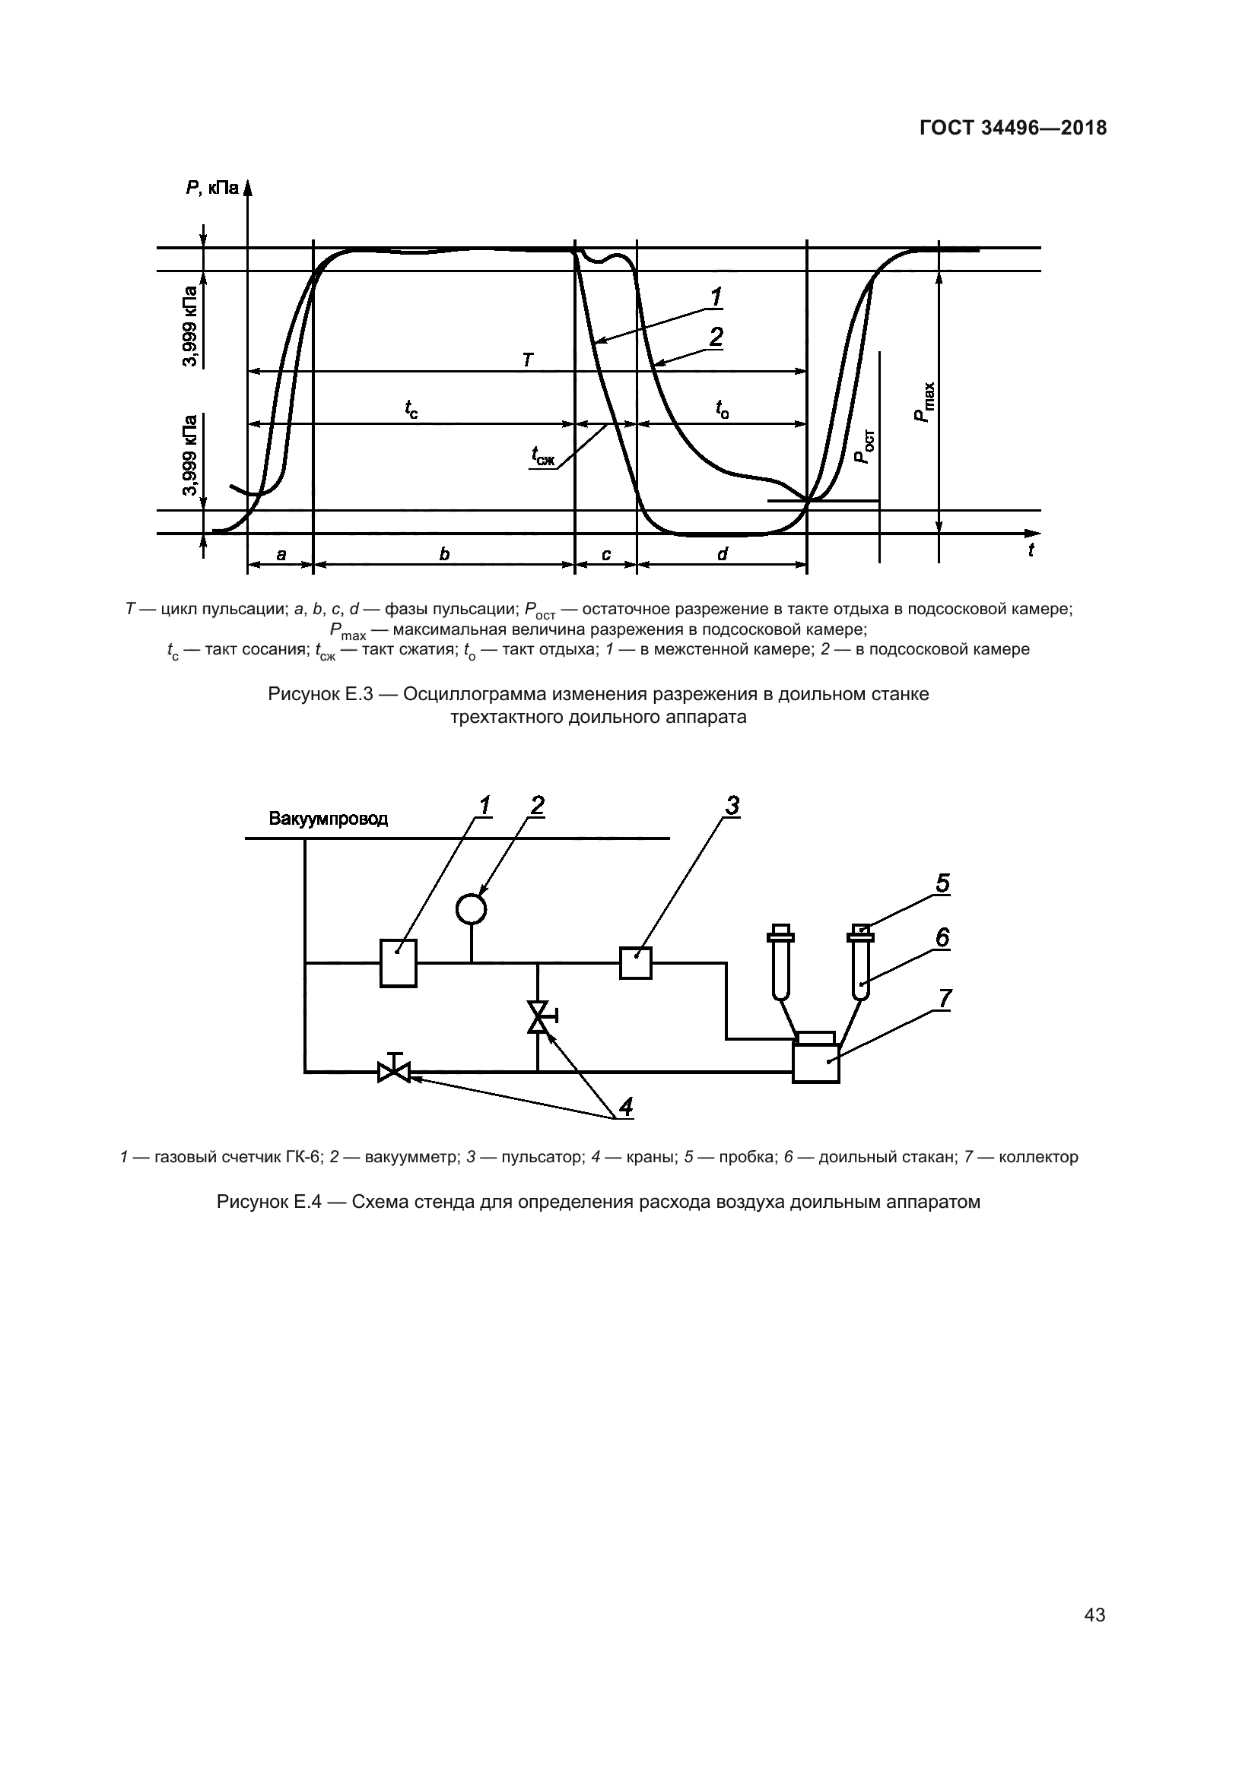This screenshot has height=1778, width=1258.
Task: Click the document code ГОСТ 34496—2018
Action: [1012, 128]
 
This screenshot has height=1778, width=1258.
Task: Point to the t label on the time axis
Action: [1031, 550]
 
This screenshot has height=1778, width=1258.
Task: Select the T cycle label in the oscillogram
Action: [528, 360]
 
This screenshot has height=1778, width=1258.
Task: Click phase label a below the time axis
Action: [281, 554]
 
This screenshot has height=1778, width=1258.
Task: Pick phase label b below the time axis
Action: [444, 554]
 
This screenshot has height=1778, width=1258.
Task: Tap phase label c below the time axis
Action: [605, 554]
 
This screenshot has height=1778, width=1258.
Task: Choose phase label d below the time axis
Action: [722, 554]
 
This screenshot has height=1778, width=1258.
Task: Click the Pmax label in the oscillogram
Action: [924, 403]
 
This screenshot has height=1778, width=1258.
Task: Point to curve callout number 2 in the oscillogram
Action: [716, 337]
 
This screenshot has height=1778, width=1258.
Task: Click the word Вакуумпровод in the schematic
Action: [329, 819]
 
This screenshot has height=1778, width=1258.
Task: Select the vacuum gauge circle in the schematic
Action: [471, 908]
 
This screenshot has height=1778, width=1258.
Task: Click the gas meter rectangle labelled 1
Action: [398, 962]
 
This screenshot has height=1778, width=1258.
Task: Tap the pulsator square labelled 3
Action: [636, 962]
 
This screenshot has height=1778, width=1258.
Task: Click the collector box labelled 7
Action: [815, 1062]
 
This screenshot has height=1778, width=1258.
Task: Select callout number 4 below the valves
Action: [625, 1108]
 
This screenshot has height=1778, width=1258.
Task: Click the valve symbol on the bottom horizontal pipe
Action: [394, 1072]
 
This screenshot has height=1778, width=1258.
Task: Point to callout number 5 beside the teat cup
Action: [942, 883]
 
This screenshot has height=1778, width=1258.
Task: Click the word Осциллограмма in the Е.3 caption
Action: [480, 694]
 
